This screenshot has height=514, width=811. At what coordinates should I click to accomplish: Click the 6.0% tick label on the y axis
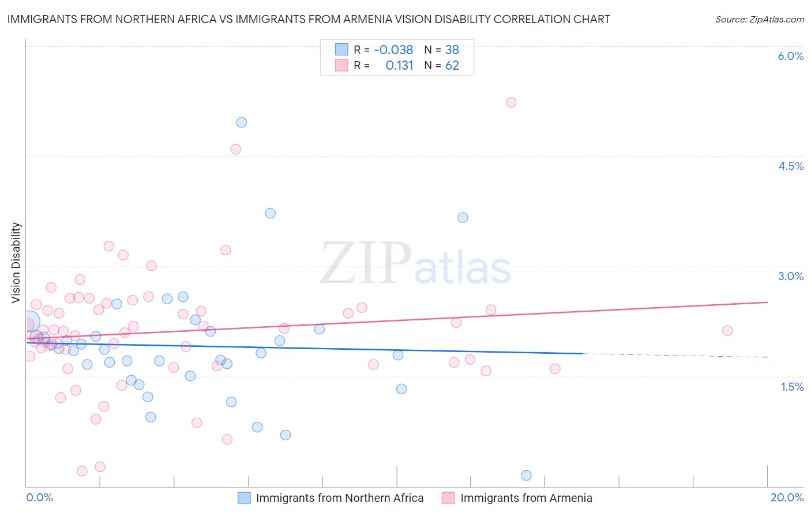790,56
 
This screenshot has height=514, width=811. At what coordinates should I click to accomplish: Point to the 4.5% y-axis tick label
790,166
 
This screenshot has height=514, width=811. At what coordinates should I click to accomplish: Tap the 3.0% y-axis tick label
790,276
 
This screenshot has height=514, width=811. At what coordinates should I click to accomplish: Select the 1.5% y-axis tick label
792,387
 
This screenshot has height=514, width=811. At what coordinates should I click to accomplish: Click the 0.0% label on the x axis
39,497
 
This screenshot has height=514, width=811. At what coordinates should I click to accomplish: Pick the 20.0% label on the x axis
787,497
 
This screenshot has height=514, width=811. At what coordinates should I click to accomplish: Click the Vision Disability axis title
16,263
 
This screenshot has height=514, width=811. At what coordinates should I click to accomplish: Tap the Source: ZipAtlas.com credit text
759,20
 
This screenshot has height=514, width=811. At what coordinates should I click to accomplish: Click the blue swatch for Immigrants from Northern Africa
245,498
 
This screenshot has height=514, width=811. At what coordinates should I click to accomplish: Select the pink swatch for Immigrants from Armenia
448,498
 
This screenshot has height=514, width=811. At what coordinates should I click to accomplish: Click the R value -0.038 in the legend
393,50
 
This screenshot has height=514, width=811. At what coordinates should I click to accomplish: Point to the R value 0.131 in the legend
399,66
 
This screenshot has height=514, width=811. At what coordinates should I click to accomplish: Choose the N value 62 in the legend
452,66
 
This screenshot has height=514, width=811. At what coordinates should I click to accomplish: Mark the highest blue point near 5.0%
242,122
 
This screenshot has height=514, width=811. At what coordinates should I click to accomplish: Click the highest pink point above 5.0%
511,102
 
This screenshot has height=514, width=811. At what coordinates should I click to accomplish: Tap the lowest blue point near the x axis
526,475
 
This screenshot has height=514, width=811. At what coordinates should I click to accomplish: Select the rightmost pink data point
727,330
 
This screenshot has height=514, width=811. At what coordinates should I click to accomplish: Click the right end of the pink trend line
767,302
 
